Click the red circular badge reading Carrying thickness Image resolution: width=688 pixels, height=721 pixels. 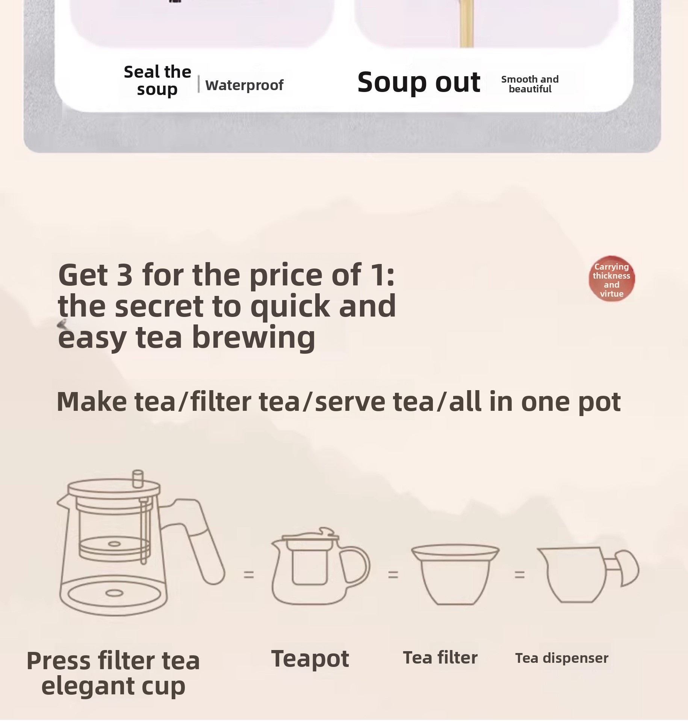611,279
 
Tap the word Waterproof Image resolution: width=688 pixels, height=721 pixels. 244,85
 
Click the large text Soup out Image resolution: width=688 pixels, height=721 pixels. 419,82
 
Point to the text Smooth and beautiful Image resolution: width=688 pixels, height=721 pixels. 530,84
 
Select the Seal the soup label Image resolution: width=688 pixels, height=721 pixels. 157,81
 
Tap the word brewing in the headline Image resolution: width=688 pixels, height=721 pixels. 254,337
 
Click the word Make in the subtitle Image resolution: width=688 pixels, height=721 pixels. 92,401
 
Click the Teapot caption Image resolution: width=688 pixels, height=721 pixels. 310,659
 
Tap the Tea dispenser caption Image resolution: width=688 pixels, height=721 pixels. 562,658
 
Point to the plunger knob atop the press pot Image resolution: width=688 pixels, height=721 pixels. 138,477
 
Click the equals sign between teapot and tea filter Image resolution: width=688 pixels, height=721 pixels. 393,574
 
